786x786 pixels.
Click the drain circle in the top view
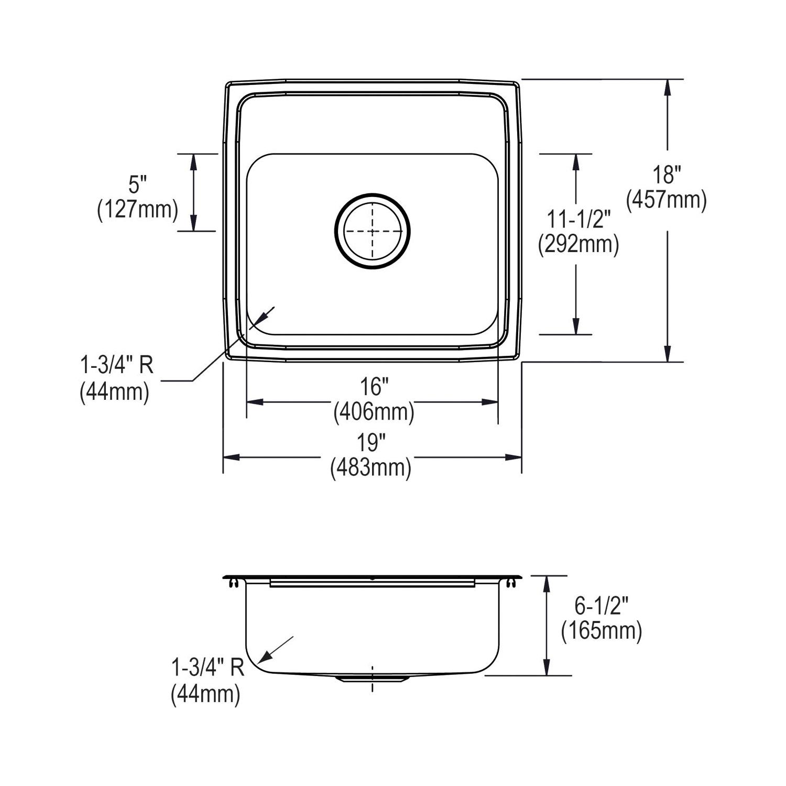(373, 231)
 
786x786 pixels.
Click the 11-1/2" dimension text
(579, 219)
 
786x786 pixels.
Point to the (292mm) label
(579, 244)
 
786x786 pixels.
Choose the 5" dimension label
(138, 184)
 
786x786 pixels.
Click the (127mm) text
(138, 209)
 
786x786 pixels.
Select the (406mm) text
(374, 412)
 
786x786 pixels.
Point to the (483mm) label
(370, 467)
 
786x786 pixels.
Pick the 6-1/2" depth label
(602, 606)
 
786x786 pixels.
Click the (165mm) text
(602, 631)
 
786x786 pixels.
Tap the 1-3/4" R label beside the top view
(116, 365)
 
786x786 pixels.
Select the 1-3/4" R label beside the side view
(208, 668)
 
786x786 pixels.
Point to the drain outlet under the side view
(372, 678)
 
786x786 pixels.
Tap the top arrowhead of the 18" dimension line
(667, 87)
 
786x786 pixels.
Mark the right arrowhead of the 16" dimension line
(489, 402)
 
